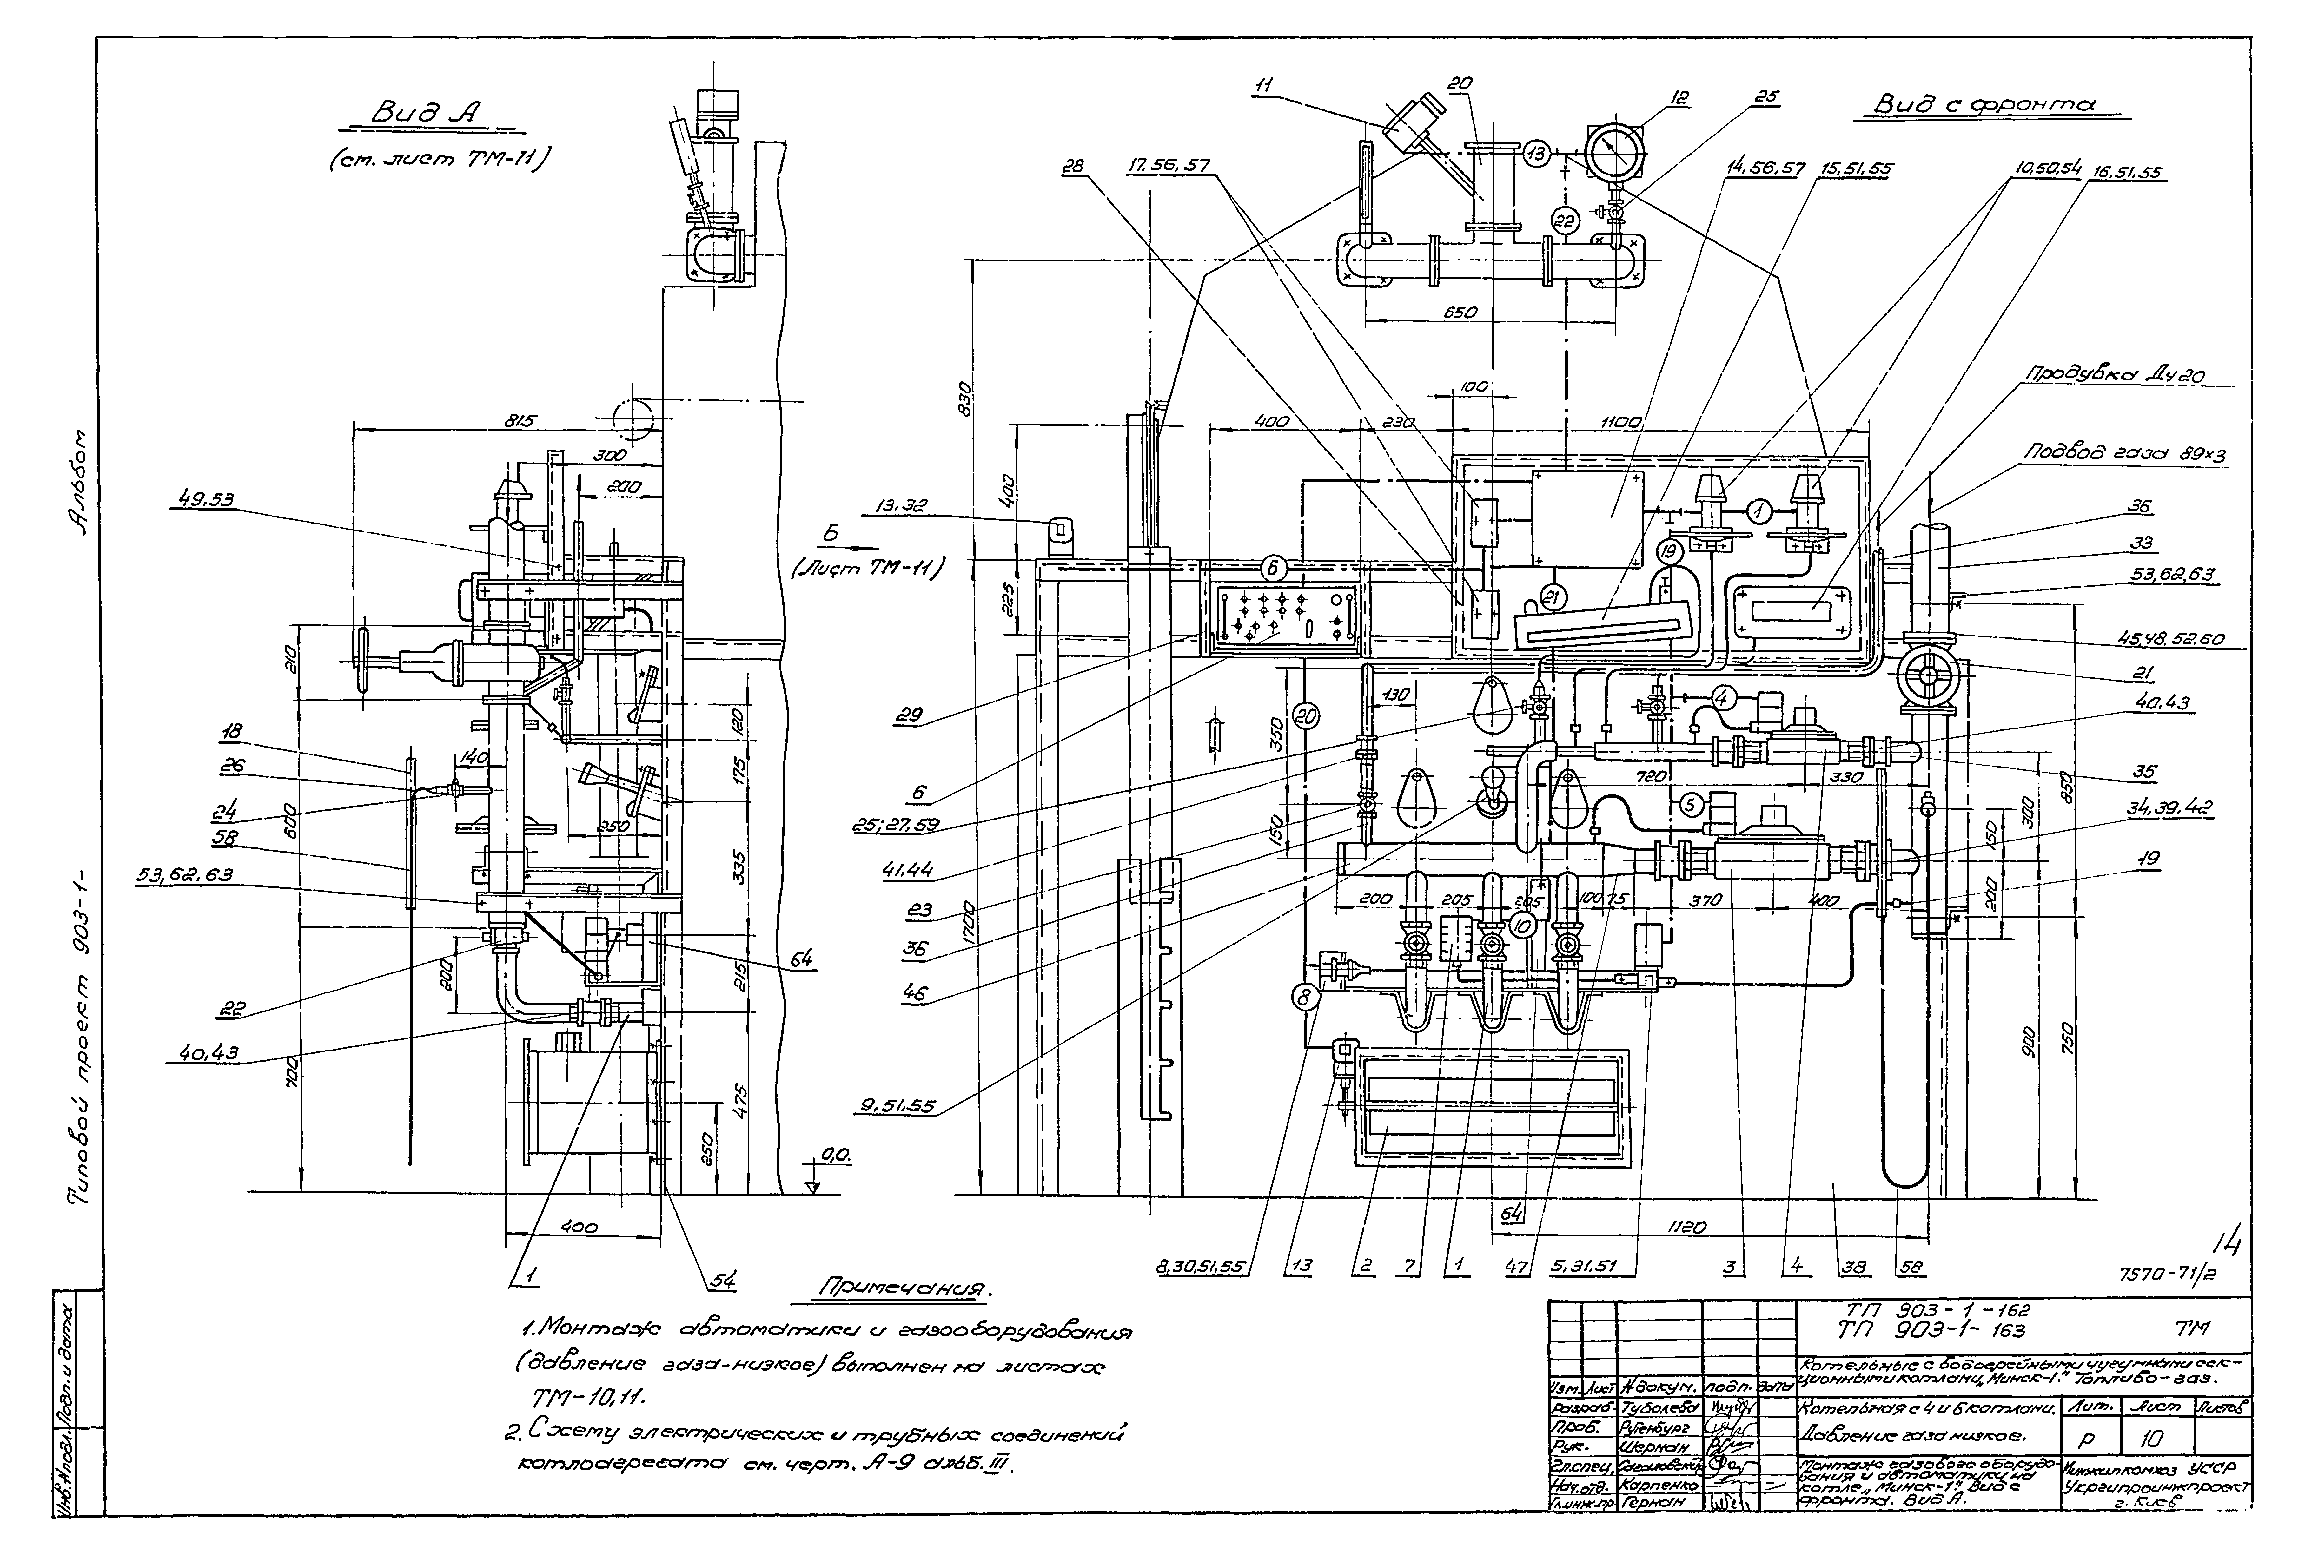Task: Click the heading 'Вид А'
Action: pyautogui.click(x=422, y=116)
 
